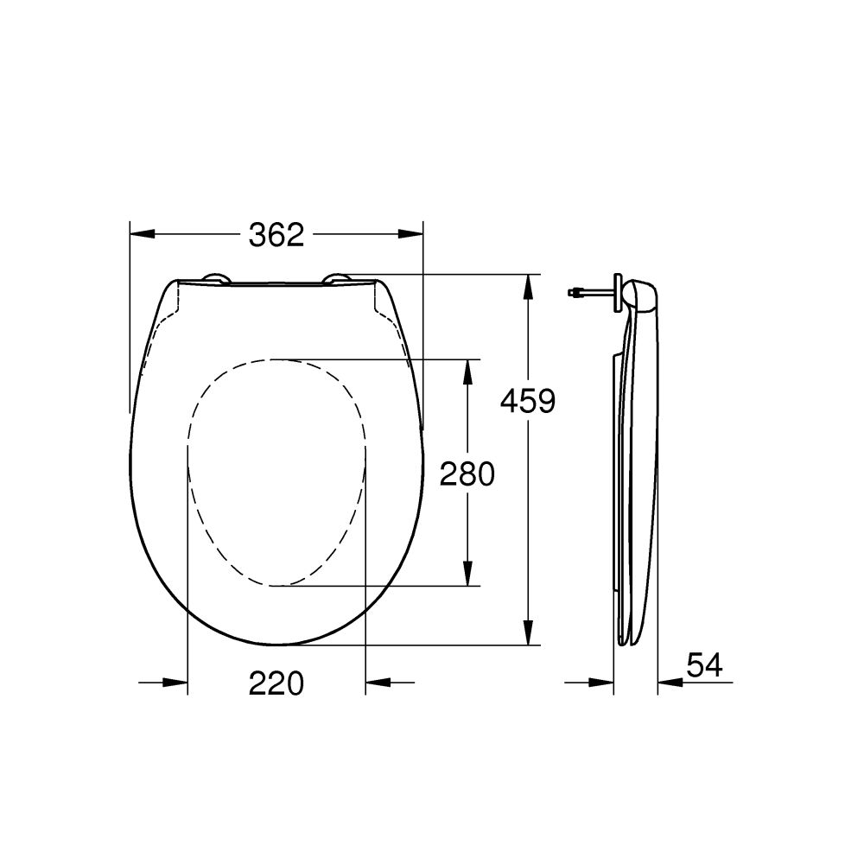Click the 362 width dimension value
276,234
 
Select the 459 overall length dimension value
528,401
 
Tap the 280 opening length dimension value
467,473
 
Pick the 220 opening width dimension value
276,683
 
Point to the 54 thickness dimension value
704,664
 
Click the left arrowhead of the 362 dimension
141,234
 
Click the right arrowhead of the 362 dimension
412,234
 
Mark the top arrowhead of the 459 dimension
528,286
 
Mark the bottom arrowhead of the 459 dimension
528,633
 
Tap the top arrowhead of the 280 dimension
467,371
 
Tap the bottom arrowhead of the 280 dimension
467,574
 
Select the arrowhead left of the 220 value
176,683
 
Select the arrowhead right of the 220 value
377,683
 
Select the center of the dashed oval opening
276,473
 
